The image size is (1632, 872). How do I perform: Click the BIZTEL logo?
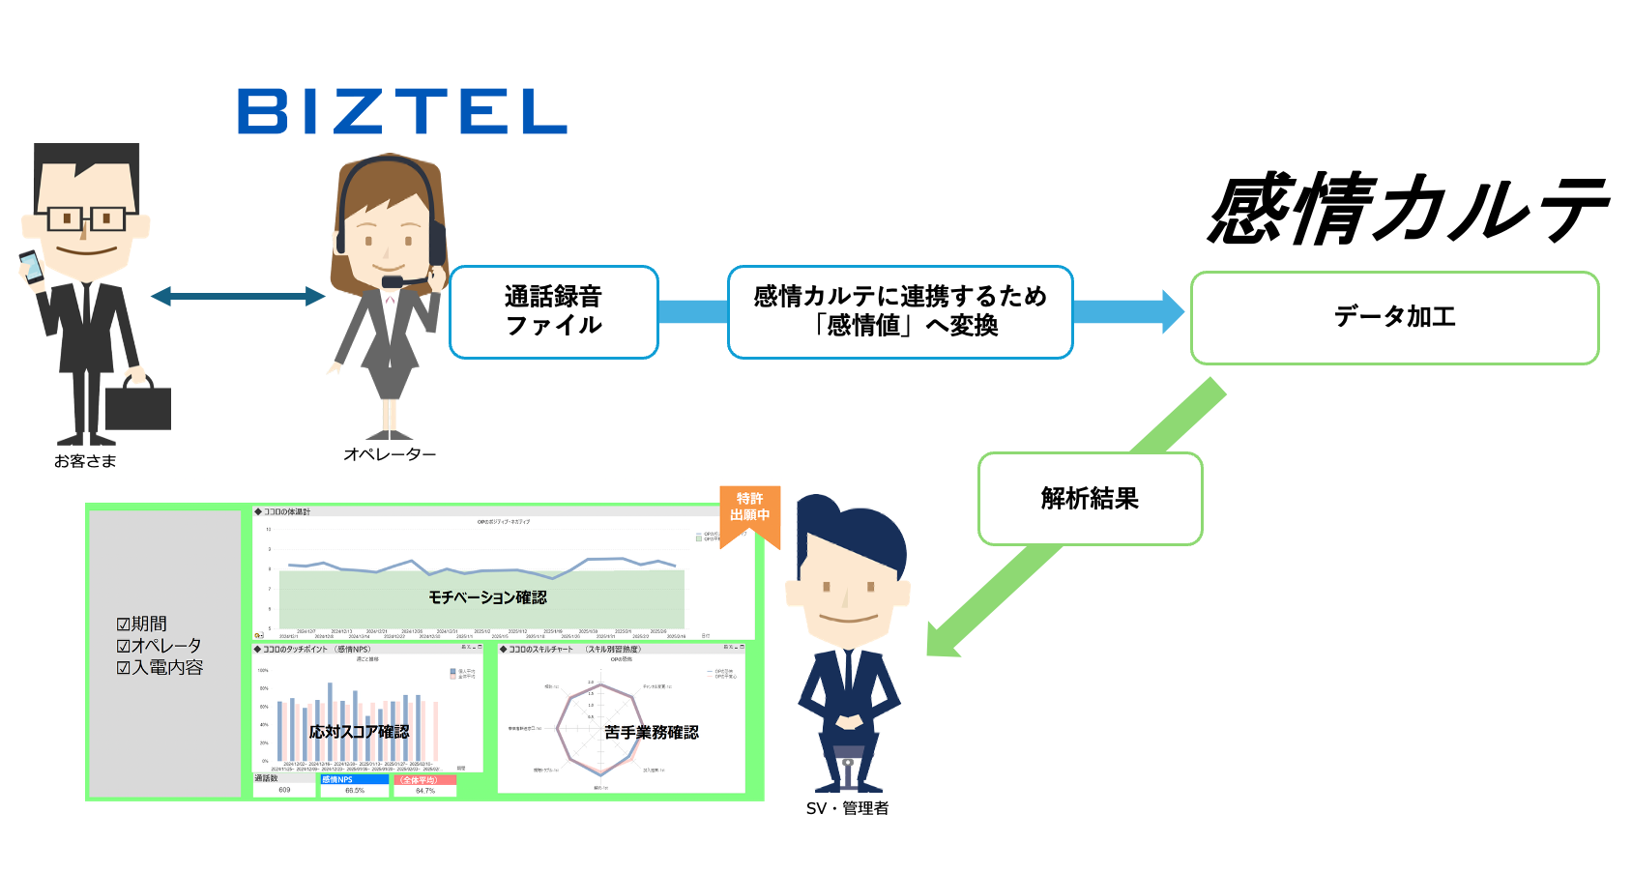pyautogui.click(x=401, y=111)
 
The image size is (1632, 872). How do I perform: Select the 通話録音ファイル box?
pyautogui.click(x=554, y=311)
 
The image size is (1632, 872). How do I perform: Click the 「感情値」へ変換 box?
pyautogui.click(x=900, y=311)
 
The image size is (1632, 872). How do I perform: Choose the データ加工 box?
pyautogui.click(x=1394, y=317)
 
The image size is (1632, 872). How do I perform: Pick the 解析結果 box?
pyautogui.click(x=1090, y=499)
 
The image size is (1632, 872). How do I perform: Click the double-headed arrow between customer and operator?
pyautogui.click(x=238, y=297)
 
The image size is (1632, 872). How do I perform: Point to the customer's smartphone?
pyautogui.click(x=31, y=266)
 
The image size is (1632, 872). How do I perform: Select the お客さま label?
pyautogui.click(x=85, y=461)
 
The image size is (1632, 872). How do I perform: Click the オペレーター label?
pyautogui.click(x=390, y=453)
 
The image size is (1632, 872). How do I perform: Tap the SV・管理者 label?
pyautogui.click(x=847, y=808)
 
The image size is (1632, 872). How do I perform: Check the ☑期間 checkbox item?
pyautogui.click(x=141, y=624)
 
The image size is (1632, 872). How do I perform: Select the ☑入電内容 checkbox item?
pyautogui.click(x=160, y=667)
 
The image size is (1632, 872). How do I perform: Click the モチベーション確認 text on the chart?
pyautogui.click(x=487, y=597)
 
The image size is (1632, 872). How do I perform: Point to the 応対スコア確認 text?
pyautogui.click(x=359, y=732)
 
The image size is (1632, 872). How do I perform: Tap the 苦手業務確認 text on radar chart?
pyautogui.click(x=651, y=733)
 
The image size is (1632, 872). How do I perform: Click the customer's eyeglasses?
pyautogui.click(x=86, y=218)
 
